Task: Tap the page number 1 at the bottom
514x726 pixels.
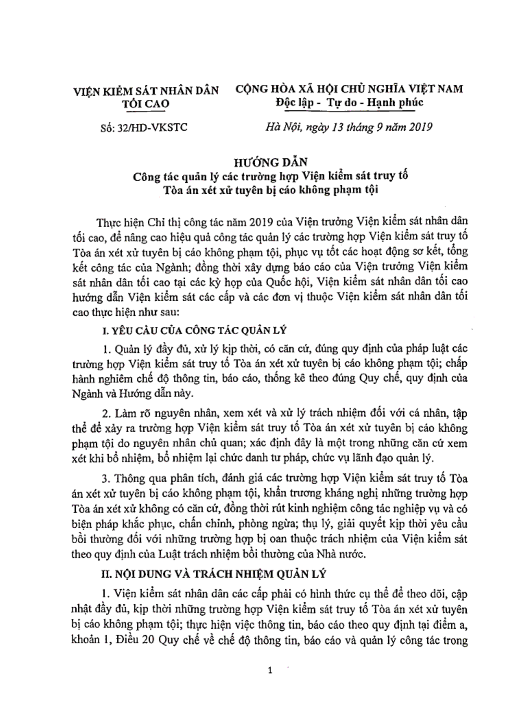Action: click(270, 671)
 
